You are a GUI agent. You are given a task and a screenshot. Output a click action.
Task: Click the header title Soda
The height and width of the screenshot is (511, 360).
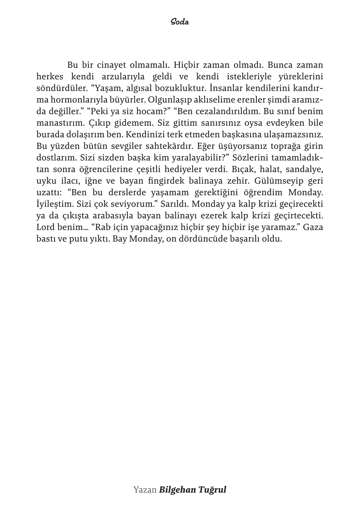pyautogui.click(x=179, y=22)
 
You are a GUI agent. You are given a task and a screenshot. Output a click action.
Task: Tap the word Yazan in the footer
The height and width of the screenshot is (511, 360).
pyautogui.click(x=145, y=490)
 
